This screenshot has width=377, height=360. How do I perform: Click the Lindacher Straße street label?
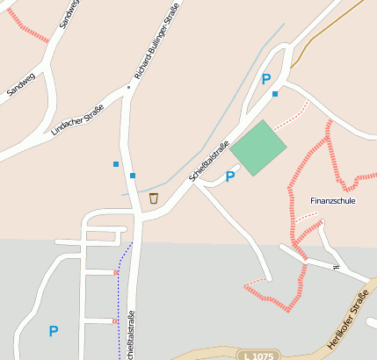(x=77, y=119)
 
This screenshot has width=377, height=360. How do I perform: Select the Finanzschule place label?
(x=333, y=201)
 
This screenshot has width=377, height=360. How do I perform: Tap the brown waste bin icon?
(x=154, y=198)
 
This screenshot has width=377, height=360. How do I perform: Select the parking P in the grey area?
(x=54, y=331)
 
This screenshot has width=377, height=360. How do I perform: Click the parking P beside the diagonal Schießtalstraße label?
(x=230, y=176)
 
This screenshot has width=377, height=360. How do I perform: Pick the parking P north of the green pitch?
(x=265, y=79)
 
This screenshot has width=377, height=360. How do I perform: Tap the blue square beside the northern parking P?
(x=275, y=94)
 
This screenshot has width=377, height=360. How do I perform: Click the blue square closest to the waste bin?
(x=133, y=176)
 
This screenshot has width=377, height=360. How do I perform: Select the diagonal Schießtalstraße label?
(x=208, y=162)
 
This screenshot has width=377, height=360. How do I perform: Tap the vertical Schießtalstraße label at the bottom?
(x=132, y=336)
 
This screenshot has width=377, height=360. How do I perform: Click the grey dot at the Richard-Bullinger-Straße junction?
(x=128, y=87)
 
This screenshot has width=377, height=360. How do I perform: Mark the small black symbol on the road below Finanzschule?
(x=336, y=266)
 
